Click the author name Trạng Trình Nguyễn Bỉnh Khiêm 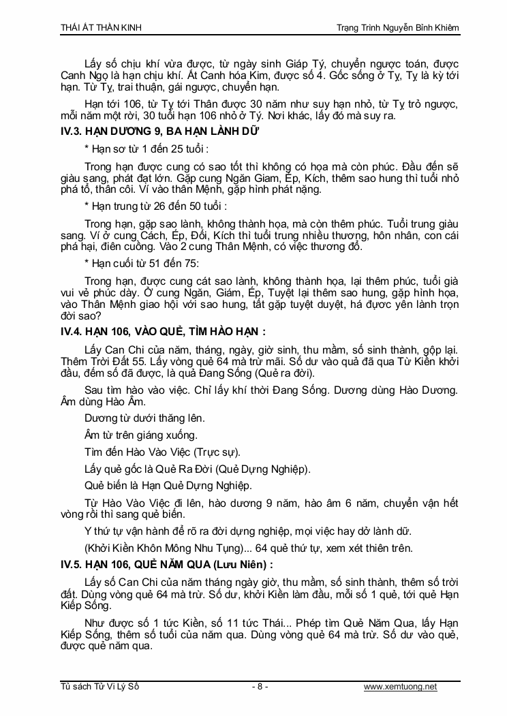[x=399, y=27]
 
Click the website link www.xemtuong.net [x=401, y=687]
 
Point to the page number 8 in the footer [x=260, y=687]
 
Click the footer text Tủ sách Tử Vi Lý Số [x=99, y=687]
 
